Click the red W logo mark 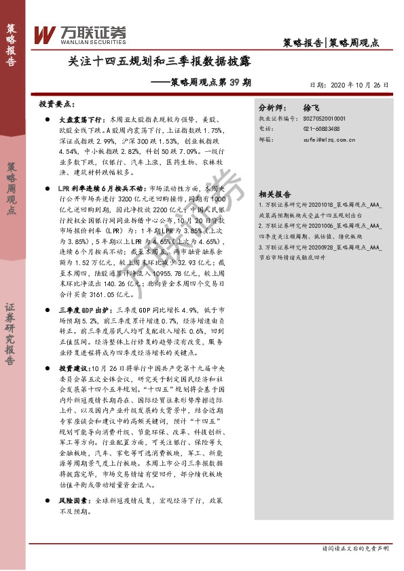click(x=45, y=33)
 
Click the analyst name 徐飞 click(x=311, y=108)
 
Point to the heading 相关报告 click(x=276, y=193)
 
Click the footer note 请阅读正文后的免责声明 click(x=357, y=548)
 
